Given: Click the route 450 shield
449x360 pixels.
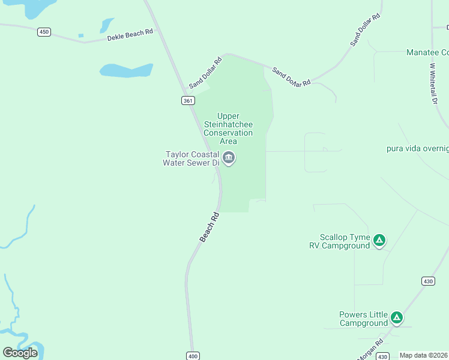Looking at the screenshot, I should pyautogui.click(x=44, y=32).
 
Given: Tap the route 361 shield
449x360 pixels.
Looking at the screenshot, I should pyautogui.click(x=188, y=101).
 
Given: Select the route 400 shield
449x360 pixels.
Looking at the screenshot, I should pyautogui.click(x=192, y=355).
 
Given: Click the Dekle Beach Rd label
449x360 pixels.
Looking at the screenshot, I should pyautogui.click(x=130, y=35).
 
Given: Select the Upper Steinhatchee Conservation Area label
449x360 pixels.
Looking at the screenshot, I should pyautogui.click(x=228, y=128).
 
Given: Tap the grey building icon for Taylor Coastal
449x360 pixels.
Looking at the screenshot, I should pyautogui.click(x=229, y=158).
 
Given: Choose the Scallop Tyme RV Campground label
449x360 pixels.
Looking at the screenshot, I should pyautogui.click(x=345, y=241).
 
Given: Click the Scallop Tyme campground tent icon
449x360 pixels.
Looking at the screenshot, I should pyautogui.click(x=379, y=241).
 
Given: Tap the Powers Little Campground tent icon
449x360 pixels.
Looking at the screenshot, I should pyautogui.click(x=396, y=317).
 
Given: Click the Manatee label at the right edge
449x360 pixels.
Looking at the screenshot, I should pyautogui.click(x=427, y=53).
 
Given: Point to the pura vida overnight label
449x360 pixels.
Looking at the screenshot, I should pyautogui.click(x=418, y=148).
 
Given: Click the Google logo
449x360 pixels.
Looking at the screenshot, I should pyautogui.click(x=20, y=352).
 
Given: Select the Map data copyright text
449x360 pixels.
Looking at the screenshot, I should pyautogui.click(x=424, y=355).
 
